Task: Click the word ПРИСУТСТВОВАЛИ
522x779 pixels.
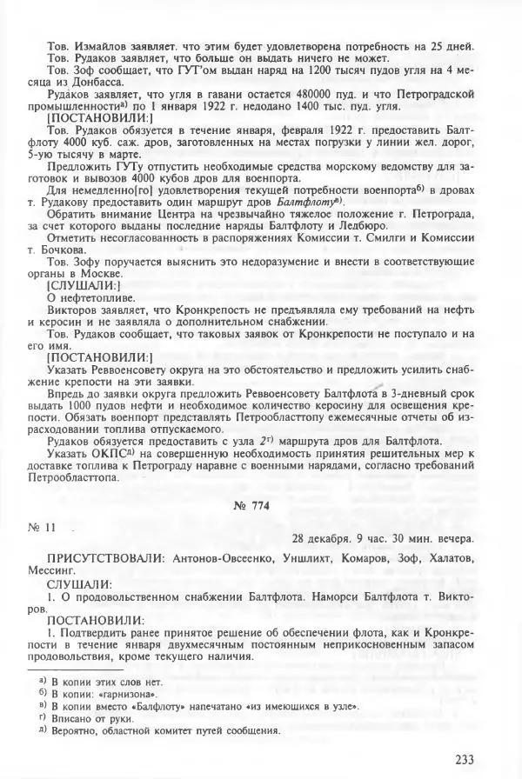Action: [x=99, y=559]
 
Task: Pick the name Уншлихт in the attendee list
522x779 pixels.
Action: [x=317, y=559]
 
